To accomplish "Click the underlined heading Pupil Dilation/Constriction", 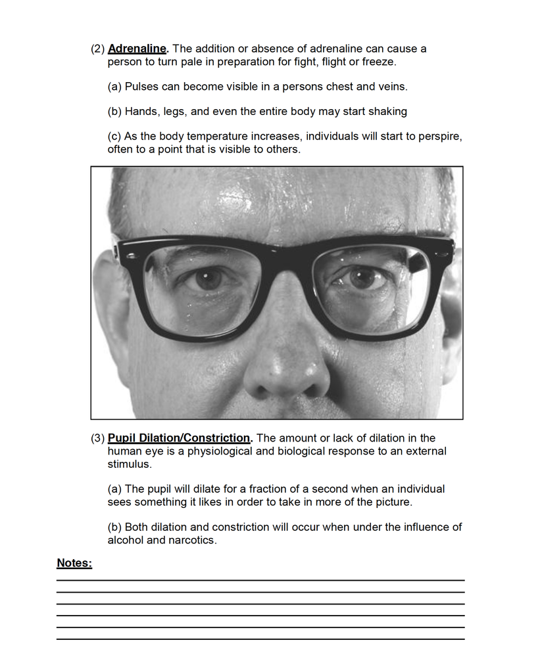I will pos(180,438).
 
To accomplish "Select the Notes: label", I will pos(74,563).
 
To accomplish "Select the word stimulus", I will pos(129,464).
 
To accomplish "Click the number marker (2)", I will pos(98,49).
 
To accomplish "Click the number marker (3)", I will pos(98,438).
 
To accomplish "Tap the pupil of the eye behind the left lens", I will pos(209,279).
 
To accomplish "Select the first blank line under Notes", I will pos(260,580).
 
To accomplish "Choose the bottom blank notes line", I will pos(260,639).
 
